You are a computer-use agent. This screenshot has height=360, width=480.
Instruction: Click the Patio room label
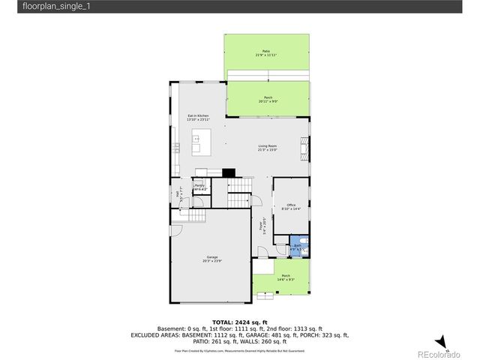(x=265, y=53)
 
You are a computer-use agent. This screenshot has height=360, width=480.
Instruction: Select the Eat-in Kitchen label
(x=198, y=118)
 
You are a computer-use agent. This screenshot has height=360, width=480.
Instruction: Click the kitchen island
(x=202, y=138)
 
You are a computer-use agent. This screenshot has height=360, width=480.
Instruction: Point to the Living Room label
(x=268, y=148)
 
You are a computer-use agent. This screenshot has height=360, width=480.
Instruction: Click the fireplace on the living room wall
(x=304, y=146)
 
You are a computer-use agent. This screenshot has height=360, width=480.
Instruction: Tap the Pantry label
(x=199, y=187)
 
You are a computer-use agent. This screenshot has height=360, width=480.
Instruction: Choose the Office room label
(x=290, y=206)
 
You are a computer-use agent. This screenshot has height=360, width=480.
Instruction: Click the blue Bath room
(x=297, y=247)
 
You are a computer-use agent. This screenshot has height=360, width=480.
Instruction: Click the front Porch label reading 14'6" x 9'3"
(x=286, y=277)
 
